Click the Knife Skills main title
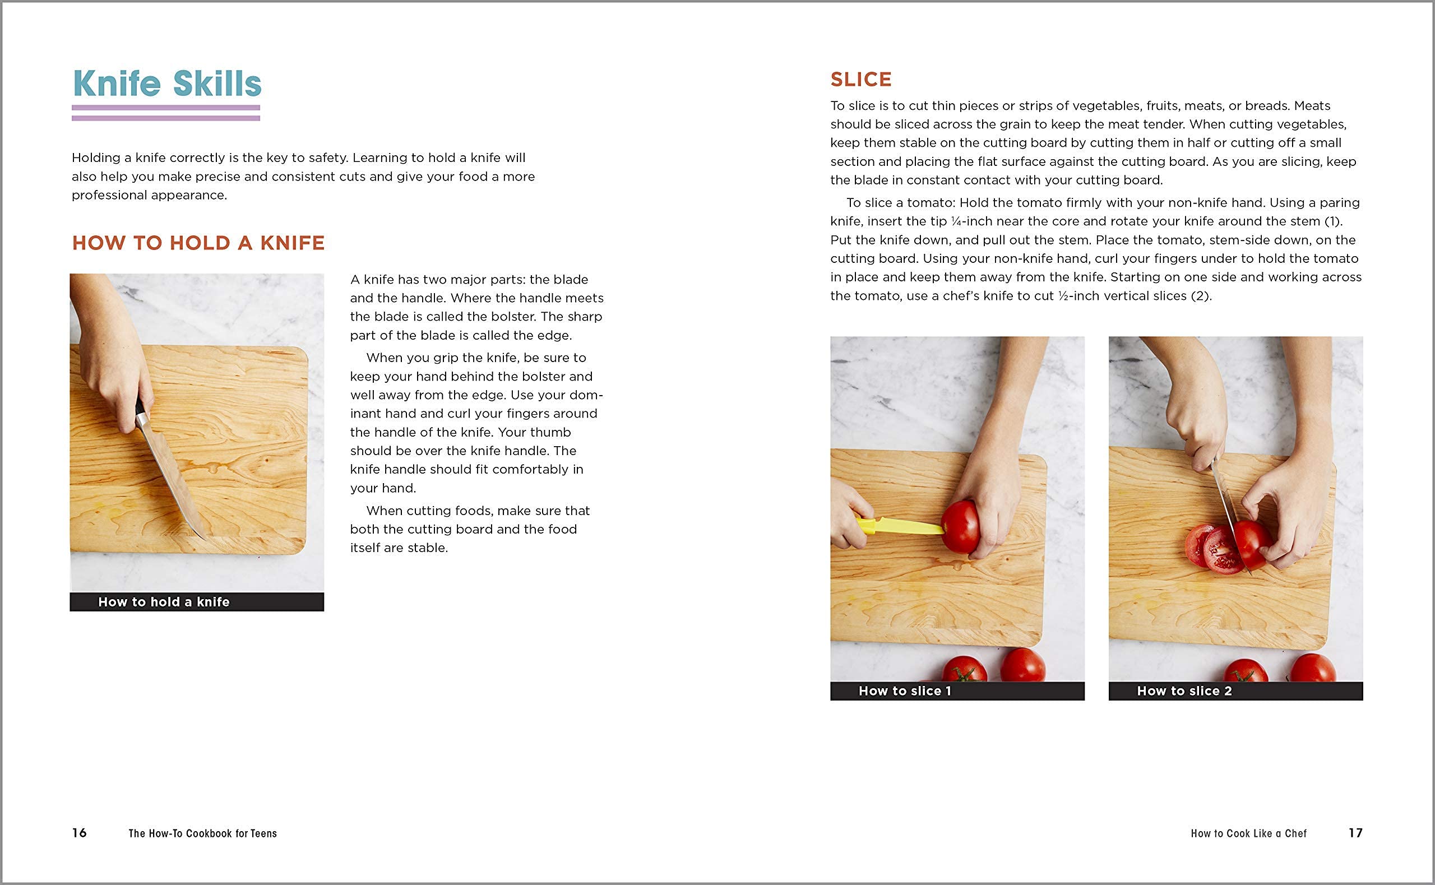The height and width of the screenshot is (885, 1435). tap(168, 84)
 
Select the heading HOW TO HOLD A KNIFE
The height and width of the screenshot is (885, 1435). tap(198, 243)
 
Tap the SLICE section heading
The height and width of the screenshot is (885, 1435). tap(861, 80)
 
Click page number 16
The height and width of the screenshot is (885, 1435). tap(80, 833)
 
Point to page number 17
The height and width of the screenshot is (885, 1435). tap(1355, 833)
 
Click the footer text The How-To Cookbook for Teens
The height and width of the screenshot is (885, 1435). tap(202, 833)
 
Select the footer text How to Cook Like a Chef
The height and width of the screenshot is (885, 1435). tap(1248, 833)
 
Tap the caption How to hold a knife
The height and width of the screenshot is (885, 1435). tap(164, 602)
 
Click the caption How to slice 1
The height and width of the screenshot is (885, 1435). tap(905, 691)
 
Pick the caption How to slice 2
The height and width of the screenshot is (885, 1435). tap(1184, 691)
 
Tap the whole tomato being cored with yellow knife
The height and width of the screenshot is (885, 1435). tap(960, 527)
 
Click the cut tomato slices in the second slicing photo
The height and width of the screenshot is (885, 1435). tap(1211, 549)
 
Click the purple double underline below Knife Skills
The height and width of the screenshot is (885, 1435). tap(165, 113)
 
